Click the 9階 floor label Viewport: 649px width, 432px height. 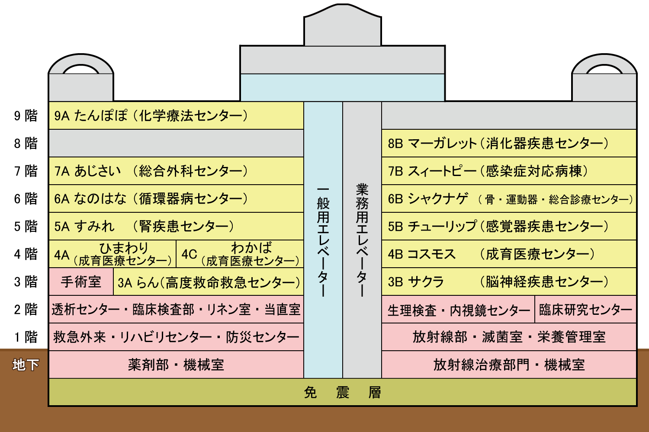26,116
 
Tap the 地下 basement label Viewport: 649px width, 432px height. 26,365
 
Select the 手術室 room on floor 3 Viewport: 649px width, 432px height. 81,282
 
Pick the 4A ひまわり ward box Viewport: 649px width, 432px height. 112,254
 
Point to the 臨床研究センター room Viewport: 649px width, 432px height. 585,310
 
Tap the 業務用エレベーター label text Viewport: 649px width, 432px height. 362,240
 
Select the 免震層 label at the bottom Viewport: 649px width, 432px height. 342,393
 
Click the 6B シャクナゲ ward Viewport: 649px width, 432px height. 509,199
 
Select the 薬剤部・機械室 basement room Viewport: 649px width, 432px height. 176,365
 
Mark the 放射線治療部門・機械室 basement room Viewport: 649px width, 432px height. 509,365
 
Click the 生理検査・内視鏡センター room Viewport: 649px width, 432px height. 458,310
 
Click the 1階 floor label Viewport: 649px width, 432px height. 26,337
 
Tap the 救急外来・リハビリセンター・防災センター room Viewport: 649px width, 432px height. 176,337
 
